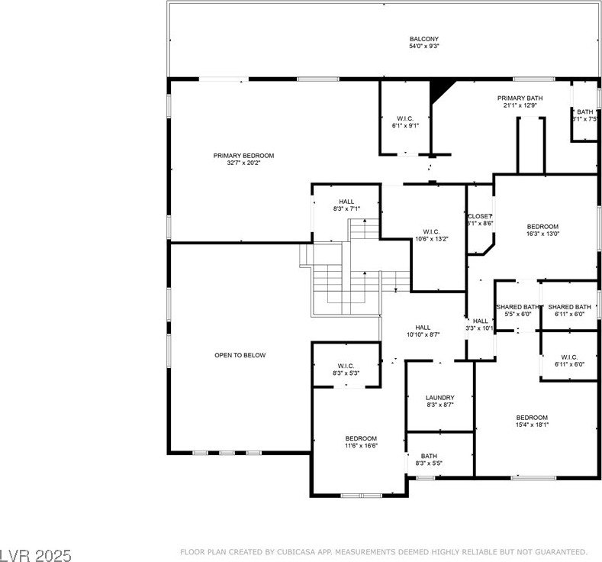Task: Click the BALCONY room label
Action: click(x=424, y=39)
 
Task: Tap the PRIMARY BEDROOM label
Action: click(x=243, y=156)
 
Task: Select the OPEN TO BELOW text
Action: click(x=240, y=355)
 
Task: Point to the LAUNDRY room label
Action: click(x=440, y=398)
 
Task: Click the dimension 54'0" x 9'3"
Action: click(x=424, y=46)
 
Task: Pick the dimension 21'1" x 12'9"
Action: click(x=520, y=105)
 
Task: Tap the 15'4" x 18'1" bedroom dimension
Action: click(x=532, y=425)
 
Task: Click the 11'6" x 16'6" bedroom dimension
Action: click(x=361, y=446)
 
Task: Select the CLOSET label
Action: click(x=480, y=216)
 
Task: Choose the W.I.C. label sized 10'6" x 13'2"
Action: click(x=432, y=231)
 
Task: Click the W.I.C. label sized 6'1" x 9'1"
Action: click(x=405, y=118)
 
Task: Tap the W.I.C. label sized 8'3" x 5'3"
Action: click(x=346, y=366)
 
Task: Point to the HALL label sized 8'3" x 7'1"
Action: click(x=346, y=202)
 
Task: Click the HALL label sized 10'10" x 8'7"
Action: click(x=423, y=328)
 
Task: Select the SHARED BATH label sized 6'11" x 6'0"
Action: click(x=569, y=307)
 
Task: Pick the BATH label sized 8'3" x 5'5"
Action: click(x=429, y=456)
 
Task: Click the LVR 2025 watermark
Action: click(x=36, y=555)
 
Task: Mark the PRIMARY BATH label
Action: click(x=520, y=99)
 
